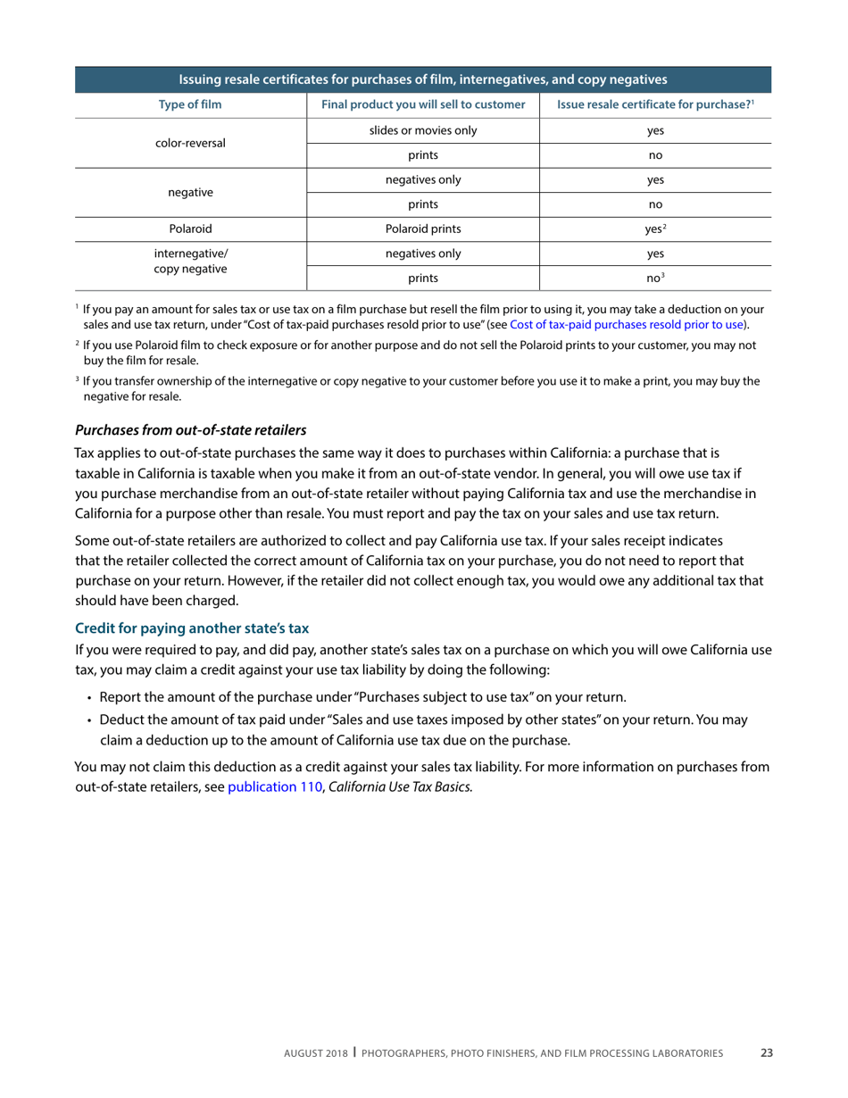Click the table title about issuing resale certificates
pyautogui.click(x=423, y=79)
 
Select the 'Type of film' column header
pyautogui.click(x=190, y=105)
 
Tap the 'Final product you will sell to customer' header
pyautogui.click(x=423, y=105)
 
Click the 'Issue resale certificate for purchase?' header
pyautogui.click(x=655, y=105)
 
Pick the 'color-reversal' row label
pyautogui.click(x=190, y=143)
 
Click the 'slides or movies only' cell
pyautogui.click(x=423, y=130)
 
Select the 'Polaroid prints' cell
pyautogui.click(x=423, y=229)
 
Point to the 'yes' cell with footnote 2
pyautogui.click(x=655, y=229)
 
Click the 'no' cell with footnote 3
pyautogui.click(x=655, y=279)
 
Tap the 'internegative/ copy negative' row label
pyautogui.click(x=190, y=261)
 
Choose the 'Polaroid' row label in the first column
pyautogui.click(x=190, y=229)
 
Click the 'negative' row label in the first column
pyautogui.click(x=190, y=192)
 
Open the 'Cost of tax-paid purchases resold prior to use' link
pyautogui.click(x=628, y=324)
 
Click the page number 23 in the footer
pyautogui.click(x=766, y=1053)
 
